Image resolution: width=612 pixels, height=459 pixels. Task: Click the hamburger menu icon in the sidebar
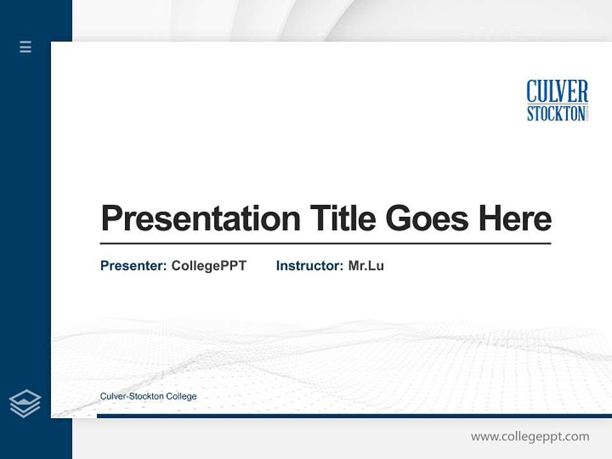pos(25,47)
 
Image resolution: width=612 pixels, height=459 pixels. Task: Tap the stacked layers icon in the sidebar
pos(25,404)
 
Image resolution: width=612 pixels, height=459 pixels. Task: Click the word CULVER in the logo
pos(557,92)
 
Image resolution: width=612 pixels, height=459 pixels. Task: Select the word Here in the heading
pos(515,219)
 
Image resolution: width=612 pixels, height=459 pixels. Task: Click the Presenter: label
pos(133,266)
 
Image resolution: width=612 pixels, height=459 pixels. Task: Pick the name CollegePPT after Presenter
pos(208,266)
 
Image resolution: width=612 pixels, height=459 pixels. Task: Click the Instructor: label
pos(309,266)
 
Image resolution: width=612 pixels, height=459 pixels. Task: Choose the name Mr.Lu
pos(366,266)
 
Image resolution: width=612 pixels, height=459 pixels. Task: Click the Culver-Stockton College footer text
pos(148,397)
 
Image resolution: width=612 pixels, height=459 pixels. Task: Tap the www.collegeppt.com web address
pos(530,437)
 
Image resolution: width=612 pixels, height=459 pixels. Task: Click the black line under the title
pos(325,244)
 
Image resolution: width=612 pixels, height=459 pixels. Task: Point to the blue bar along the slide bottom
pos(354,416)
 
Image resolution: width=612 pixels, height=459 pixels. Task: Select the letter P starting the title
pos(111,219)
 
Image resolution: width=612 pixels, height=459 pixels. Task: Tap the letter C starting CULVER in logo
pos(532,92)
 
